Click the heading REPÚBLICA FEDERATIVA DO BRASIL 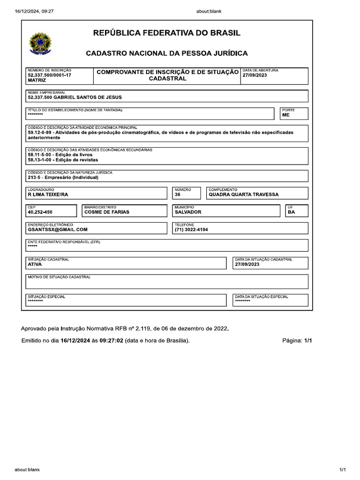coord(167,33)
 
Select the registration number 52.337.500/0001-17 coord(50,75)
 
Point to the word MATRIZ coord(37,81)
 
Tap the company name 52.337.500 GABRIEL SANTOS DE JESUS coord(75,97)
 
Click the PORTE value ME coord(286,114)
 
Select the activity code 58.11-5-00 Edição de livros coord(60,154)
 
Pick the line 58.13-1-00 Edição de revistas coord(63,160)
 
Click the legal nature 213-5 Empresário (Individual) coord(63,178)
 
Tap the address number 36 coord(177,195)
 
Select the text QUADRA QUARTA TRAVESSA coord(243,195)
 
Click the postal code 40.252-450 coord(40,212)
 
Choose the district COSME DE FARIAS coord(106,212)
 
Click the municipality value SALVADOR coord(187,212)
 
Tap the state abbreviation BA coord(291,212)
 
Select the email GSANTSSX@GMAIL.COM coord(58,230)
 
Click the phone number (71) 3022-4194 coord(191,230)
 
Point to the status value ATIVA coord(35,264)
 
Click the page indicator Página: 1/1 coord(297,341)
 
